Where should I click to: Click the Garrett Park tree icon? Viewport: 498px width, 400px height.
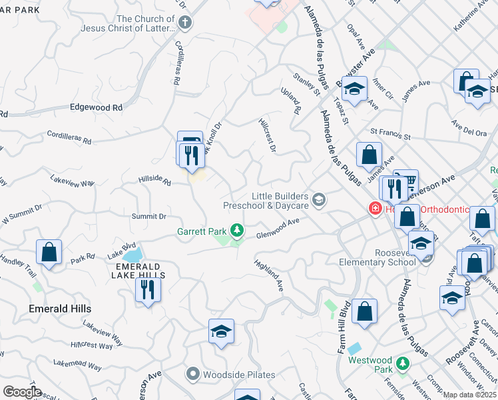click(x=236, y=231)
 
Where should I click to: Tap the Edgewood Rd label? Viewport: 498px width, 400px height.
click(x=97, y=107)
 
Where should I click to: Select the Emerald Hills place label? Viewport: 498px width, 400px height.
click(x=60, y=309)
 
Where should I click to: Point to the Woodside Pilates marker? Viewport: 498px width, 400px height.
click(x=194, y=375)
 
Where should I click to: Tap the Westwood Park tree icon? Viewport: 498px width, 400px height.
click(x=401, y=363)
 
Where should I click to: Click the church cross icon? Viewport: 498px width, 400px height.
click(x=186, y=23)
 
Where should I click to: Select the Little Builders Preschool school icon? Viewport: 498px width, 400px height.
click(x=319, y=200)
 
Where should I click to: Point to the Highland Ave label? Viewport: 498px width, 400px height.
click(x=269, y=275)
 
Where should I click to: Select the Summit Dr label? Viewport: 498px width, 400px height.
click(x=148, y=216)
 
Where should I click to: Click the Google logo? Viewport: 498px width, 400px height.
click(x=22, y=391)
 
